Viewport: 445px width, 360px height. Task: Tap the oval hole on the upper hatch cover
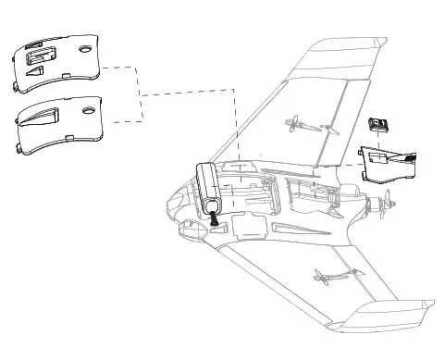(x=85, y=48)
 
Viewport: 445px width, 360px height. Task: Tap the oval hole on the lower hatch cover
(x=89, y=110)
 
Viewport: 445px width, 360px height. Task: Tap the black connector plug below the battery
(x=215, y=220)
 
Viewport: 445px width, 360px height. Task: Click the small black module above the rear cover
(x=377, y=125)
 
